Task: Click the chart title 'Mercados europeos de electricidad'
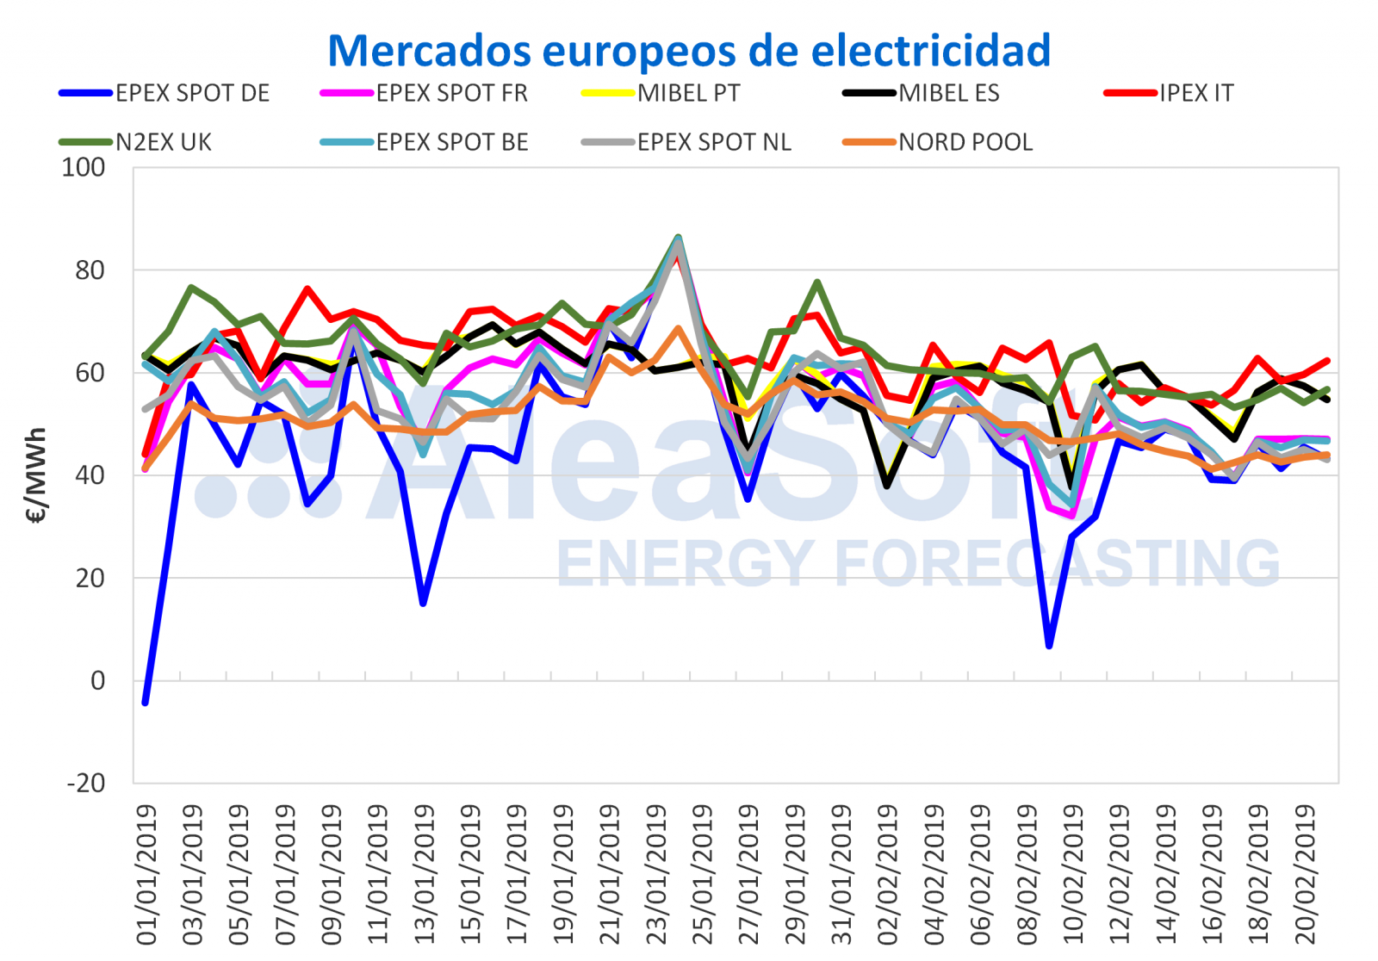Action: (x=689, y=50)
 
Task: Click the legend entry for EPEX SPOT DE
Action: (x=192, y=93)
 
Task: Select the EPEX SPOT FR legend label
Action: (x=451, y=93)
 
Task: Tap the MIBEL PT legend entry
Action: (x=688, y=93)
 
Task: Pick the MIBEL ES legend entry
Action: (x=948, y=93)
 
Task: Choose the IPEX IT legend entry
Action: (x=1195, y=93)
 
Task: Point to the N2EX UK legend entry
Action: (x=164, y=142)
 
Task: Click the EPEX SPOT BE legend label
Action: (x=451, y=142)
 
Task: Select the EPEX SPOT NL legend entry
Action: (x=714, y=142)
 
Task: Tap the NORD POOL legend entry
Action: (x=965, y=142)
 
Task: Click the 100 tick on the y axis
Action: (x=84, y=167)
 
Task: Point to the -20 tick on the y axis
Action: (x=86, y=783)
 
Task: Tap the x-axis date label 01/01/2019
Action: (x=147, y=875)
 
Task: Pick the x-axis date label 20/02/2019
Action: (x=1306, y=875)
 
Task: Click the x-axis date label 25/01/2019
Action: (x=703, y=875)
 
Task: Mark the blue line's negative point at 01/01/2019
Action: (x=146, y=703)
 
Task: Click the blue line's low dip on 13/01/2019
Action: (x=423, y=603)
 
